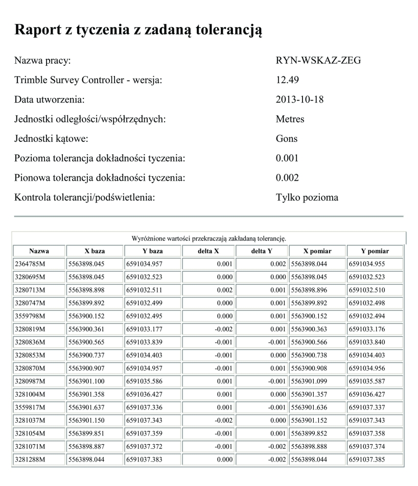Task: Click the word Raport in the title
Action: coord(39,30)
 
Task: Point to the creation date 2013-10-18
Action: coord(299,100)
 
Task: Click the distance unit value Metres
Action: coord(290,119)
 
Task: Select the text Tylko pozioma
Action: coord(307,198)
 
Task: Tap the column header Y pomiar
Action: coord(375,251)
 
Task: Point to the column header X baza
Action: coord(95,251)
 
